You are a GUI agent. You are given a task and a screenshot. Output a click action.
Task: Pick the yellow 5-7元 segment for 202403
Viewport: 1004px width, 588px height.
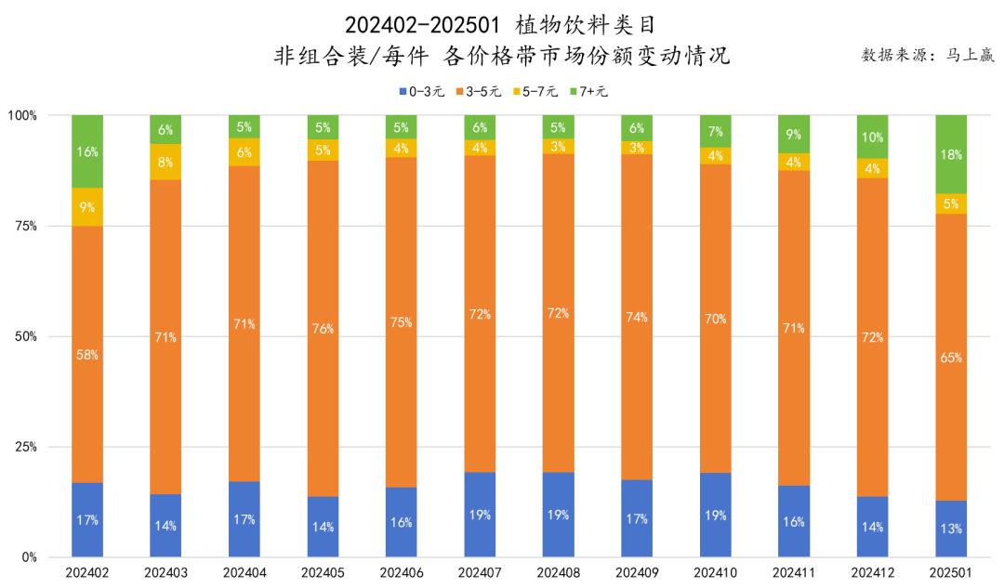tap(165, 162)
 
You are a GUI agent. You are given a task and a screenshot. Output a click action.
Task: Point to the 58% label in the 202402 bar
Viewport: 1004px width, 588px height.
tap(87, 355)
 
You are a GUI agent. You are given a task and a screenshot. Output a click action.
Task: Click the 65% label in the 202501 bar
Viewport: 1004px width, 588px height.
tap(951, 358)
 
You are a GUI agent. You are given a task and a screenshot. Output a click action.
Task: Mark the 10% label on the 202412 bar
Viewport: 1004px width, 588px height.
tap(872, 137)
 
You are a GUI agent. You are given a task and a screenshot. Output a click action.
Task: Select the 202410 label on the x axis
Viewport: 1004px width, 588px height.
tap(715, 573)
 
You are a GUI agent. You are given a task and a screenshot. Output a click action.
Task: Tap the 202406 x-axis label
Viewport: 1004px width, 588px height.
tap(401, 573)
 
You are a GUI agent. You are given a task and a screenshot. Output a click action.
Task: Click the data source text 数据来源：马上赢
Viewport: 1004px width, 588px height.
tap(928, 55)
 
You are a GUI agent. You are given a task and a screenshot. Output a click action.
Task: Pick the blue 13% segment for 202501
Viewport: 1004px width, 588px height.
tap(951, 529)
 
